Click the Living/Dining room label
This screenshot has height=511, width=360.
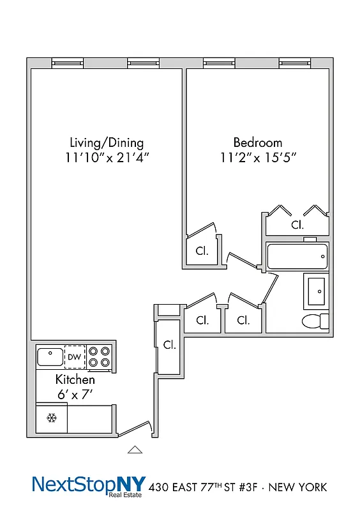(107, 142)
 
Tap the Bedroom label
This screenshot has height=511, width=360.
(257, 142)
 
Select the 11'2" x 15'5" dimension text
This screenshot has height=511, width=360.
(257, 158)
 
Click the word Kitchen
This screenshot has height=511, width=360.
(75, 380)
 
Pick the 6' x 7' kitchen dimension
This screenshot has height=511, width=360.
(75, 395)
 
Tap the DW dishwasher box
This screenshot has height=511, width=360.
(75, 356)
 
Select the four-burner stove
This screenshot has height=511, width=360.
(99, 356)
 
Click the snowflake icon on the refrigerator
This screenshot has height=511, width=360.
(52, 418)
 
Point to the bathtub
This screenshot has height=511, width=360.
(297, 257)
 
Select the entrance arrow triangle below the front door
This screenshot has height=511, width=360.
(134, 450)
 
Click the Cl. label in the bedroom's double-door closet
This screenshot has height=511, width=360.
(297, 225)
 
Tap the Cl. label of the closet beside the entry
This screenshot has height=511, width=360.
(169, 345)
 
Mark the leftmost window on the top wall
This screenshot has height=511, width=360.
(68, 63)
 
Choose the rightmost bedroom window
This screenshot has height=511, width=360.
(294, 63)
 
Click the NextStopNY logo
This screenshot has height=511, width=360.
(89, 485)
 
